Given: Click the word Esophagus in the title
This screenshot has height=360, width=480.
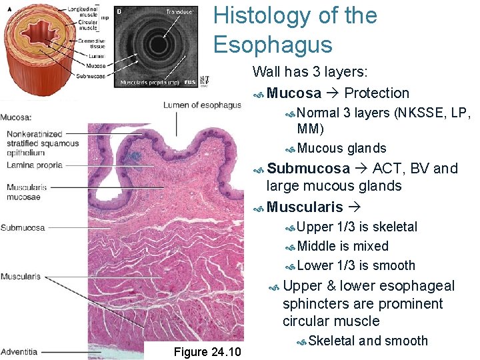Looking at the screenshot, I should click(x=273, y=44).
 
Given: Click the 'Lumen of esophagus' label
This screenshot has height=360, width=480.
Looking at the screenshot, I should click(x=203, y=105).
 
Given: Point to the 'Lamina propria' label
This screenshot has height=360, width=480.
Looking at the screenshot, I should click(x=35, y=165).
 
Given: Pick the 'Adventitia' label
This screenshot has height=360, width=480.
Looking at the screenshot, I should click(x=19, y=351).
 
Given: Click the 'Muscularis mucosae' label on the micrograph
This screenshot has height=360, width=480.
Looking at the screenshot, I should click(x=24, y=192).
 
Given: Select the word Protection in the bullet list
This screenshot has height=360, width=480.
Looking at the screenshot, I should click(x=377, y=93).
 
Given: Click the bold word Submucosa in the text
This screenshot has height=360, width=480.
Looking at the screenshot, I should click(x=308, y=168).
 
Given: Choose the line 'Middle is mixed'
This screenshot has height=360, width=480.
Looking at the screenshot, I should click(x=343, y=246).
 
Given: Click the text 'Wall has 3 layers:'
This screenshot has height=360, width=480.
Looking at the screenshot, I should click(x=310, y=71).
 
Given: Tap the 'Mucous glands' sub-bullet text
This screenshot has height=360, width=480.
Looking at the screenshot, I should click(x=341, y=148).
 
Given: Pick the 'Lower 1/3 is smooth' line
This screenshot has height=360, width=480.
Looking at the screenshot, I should click(x=356, y=265).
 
